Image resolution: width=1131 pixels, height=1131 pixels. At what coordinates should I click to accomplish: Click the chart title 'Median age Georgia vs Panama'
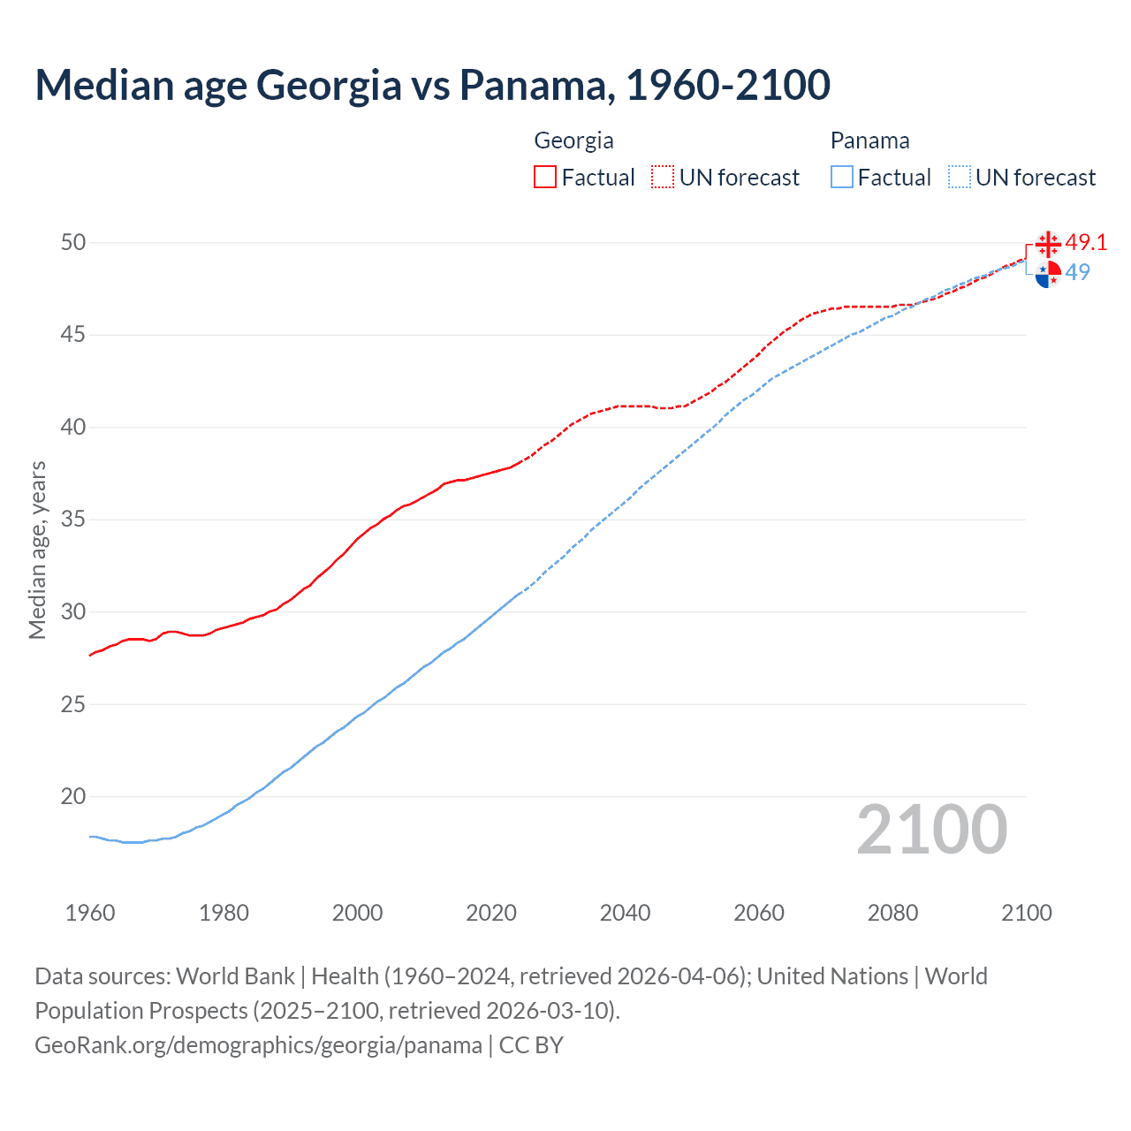point(432,85)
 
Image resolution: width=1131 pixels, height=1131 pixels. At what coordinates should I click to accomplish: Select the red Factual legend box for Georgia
point(545,178)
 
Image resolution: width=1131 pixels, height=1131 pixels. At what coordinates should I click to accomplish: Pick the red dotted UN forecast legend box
point(663,178)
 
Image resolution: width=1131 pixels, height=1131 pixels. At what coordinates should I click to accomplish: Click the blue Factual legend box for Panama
point(842,178)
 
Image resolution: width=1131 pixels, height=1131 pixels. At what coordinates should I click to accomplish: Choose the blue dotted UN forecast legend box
point(960,178)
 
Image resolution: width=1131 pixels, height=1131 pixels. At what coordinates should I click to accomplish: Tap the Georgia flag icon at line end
point(1048,243)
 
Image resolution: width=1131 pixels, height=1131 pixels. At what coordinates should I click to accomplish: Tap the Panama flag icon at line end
point(1048,275)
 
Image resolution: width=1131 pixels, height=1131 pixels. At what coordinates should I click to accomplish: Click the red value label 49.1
point(1086,242)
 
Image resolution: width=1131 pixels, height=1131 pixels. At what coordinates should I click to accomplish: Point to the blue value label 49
point(1078,272)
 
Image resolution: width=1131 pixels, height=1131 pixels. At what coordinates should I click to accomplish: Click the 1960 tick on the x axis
point(90,913)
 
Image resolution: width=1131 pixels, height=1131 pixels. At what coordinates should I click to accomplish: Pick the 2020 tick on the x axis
point(491,913)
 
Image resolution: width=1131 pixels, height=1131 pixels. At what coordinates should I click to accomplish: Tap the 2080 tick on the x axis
point(892,913)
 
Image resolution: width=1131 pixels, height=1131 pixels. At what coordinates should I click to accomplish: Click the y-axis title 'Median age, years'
point(37,550)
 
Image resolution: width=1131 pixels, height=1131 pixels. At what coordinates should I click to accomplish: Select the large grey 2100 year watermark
point(932,829)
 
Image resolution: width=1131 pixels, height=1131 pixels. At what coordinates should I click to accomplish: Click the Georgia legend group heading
point(573,140)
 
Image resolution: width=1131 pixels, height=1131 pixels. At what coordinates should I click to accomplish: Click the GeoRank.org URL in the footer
point(258,1045)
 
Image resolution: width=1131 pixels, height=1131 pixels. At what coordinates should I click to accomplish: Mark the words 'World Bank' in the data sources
point(235,976)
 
